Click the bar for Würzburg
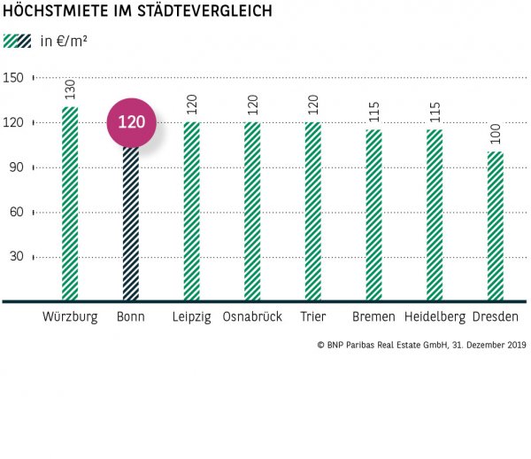point(71,204)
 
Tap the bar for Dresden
point(496,226)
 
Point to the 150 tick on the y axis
point(13,78)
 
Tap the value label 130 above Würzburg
point(71,89)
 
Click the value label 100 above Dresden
point(496,135)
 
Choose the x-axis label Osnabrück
point(252,317)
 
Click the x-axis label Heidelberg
point(435,317)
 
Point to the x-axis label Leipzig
point(192,317)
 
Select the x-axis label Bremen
point(373,317)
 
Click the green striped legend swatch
point(17,41)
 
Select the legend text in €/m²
point(64,41)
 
